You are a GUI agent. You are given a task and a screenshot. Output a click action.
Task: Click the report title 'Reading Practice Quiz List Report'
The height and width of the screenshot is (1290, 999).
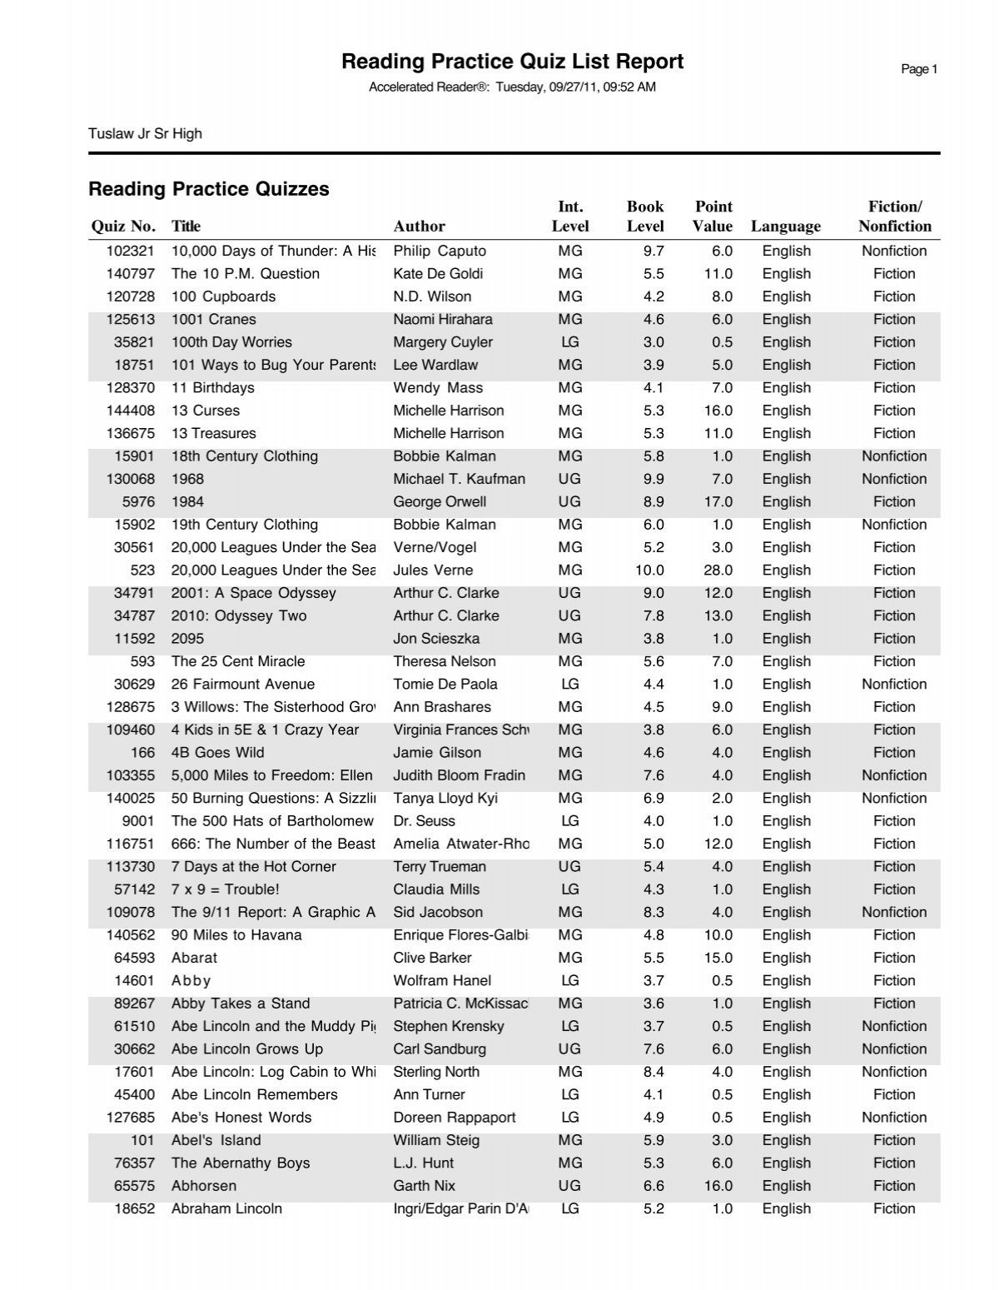(x=512, y=62)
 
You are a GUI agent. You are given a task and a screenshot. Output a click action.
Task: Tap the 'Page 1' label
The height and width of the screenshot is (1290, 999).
(x=919, y=70)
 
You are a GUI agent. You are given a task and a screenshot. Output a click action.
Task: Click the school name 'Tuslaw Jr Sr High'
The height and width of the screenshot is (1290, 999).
(x=145, y=134)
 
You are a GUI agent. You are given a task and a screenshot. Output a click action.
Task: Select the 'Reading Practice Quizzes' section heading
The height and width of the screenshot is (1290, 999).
(x=209, y=189)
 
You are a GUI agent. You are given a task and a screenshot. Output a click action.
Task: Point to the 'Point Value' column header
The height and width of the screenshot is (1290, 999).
(x=713, y=217)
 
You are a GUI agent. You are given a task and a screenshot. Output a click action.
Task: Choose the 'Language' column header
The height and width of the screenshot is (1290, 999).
(x=785, y=227)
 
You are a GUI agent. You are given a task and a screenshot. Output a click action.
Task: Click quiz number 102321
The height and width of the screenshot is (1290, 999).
(x=131, y=252)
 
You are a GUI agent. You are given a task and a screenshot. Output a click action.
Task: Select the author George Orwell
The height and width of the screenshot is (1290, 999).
(x=440, y=502)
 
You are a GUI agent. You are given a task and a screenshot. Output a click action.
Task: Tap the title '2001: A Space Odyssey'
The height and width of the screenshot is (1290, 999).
(x=254, y=594)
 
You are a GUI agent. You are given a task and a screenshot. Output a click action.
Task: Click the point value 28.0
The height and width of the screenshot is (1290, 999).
(x=718, y=570)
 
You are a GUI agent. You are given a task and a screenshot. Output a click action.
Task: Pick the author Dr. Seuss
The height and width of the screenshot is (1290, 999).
(x=425, y=821)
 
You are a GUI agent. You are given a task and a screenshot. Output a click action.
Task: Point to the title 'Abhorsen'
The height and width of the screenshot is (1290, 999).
(x=204, y=1186)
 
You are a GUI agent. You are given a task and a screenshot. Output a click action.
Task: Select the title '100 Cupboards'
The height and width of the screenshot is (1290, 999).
(x=223, y=296)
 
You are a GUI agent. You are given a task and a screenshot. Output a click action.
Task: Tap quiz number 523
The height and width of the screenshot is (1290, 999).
(x=142, y=570)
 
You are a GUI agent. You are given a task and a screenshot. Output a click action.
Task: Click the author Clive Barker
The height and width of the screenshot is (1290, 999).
(x=432, y=958)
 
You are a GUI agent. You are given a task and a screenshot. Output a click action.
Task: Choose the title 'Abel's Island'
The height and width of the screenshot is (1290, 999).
(x=216, y=1140)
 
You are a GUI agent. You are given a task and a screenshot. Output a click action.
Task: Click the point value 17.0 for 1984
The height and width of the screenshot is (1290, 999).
(x=718, y=502)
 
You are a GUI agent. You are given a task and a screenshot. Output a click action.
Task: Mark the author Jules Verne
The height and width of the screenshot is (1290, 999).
(x=433, y=570)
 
